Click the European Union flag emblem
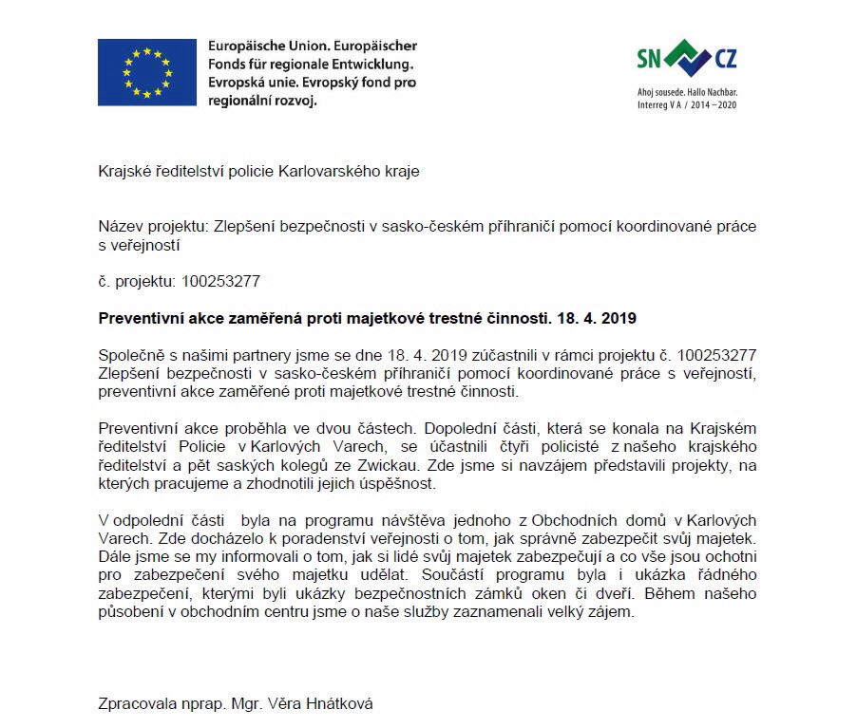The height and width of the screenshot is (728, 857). pos(144,72)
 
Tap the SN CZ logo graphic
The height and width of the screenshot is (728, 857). pos(686,59)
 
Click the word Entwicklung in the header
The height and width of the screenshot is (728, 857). pos(371,65)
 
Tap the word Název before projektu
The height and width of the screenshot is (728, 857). pos(120,227)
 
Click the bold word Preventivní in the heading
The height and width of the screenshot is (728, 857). pos(140,318)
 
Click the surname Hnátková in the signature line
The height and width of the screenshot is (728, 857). pos(338,703)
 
